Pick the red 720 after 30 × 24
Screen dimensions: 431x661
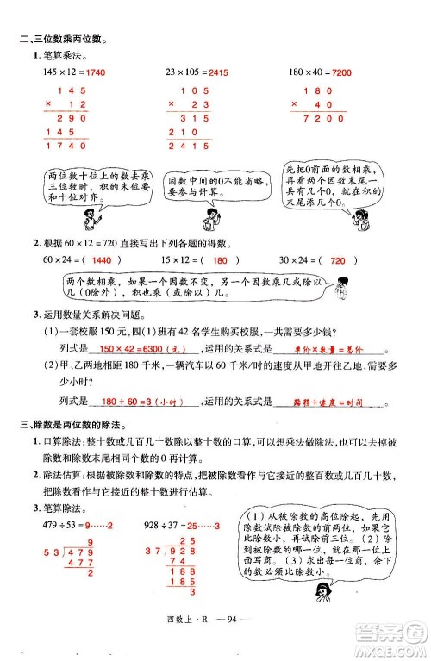tap(338, 259)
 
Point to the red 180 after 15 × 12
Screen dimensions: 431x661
tap(219, 259)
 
